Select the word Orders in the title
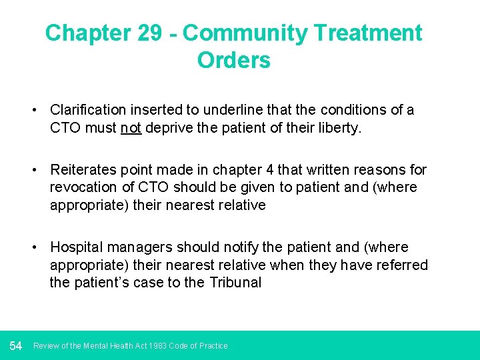pos(233,60)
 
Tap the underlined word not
pos(131,127)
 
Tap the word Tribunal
pos(235,282)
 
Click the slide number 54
pos(16,345)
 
